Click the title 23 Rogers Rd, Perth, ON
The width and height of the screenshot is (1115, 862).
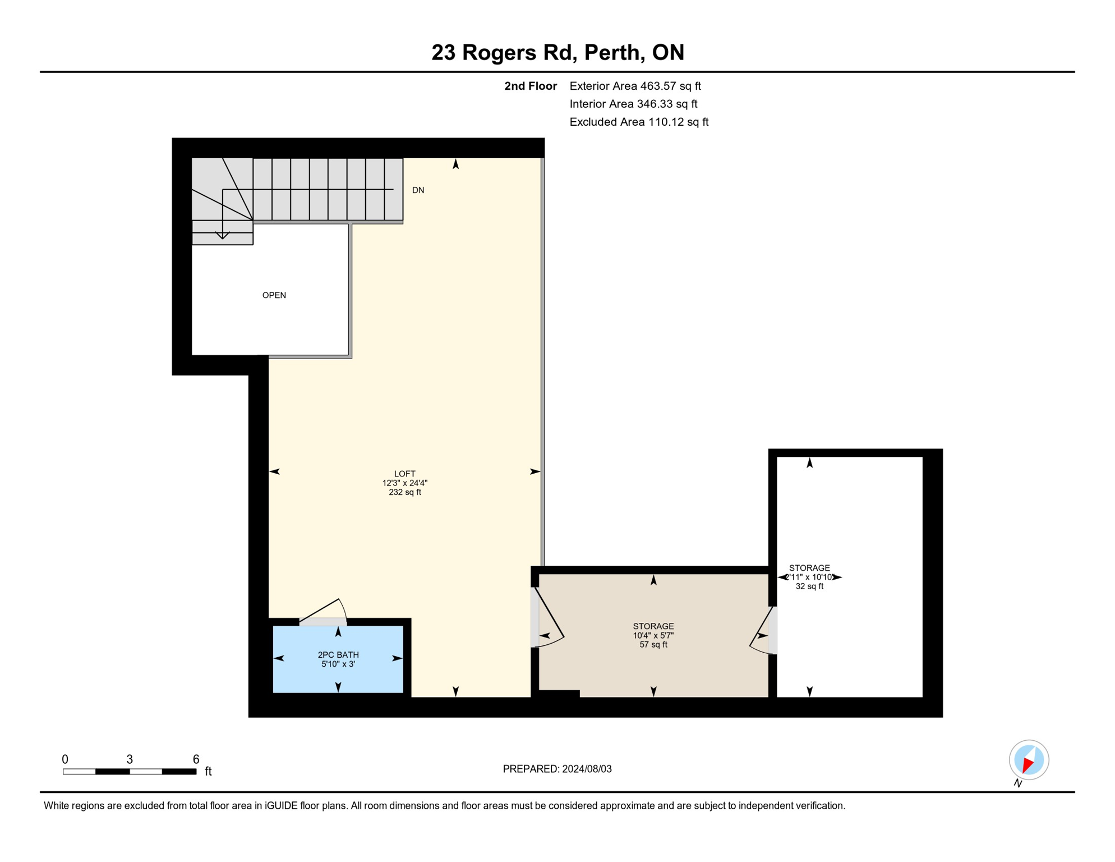click(557, 52)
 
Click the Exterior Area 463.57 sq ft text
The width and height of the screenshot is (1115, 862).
click(635, 86)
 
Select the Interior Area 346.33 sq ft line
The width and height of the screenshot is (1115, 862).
click(633, 104)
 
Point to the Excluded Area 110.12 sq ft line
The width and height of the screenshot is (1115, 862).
click(639, 122)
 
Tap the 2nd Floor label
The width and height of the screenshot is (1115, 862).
click(530, 86)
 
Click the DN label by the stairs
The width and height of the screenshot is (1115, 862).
click(418, 190)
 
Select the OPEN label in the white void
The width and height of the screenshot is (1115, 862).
click(274, 295)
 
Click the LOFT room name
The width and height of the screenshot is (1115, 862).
click(404, 474)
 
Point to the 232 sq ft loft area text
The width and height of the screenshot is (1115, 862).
click(404, 492)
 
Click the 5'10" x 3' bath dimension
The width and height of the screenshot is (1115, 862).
click(338, 664)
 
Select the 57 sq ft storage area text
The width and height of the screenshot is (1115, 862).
click(653, 644)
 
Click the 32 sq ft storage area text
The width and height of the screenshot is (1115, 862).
click(809, 586)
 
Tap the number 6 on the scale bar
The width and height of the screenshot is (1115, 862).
click(196, 759)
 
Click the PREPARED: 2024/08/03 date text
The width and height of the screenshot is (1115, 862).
click(557, 769)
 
